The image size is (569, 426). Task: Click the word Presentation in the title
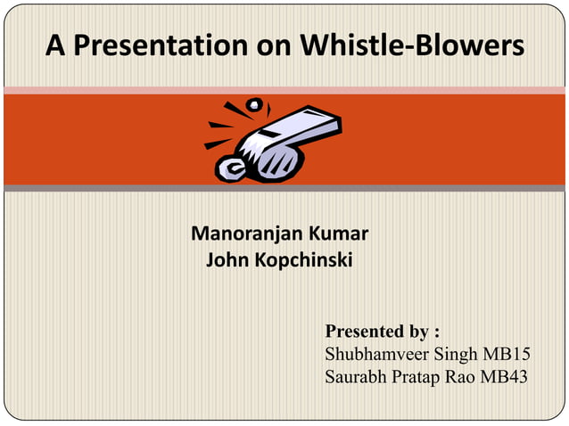[156, 45]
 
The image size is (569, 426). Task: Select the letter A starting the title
[56, 45]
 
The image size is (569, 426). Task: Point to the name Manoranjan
[247, 236]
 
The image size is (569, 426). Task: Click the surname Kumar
[338, 236]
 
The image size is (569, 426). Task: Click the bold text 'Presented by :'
[383, 332]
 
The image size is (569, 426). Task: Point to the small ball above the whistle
[256, 106]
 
